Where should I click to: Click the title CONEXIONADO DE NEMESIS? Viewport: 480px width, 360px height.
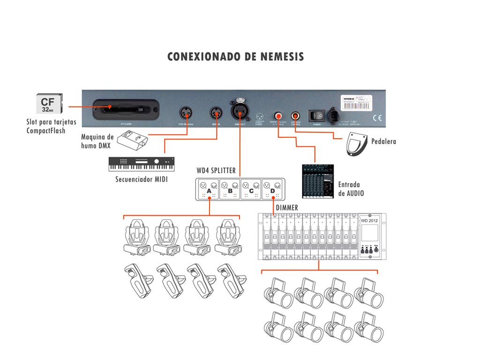(236, 57)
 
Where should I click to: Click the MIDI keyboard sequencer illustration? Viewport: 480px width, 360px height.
(141, 164)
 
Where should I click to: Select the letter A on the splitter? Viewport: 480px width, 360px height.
(209, 191)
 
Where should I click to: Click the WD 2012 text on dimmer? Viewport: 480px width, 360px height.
(369, 221)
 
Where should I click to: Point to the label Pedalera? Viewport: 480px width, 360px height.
(383, 141)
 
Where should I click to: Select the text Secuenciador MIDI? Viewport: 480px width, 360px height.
(141, 180)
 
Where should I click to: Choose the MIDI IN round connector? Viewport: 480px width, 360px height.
(216, 113)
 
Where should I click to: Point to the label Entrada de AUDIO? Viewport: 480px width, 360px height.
(351, 189)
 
